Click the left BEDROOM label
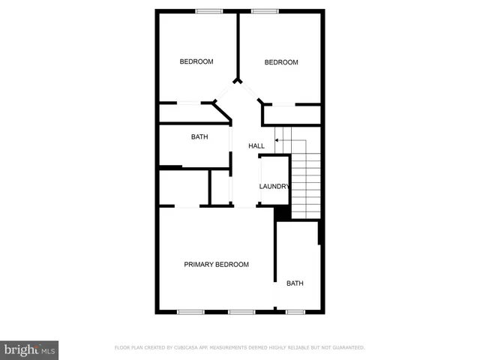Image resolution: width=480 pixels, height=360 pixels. point(196,61)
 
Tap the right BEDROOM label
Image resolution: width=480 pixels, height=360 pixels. point(281,62)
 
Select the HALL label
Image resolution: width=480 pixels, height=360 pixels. point(257,145)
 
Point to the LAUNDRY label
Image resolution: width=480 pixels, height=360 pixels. point(274,187)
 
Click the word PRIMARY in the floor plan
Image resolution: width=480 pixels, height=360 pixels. point(199,265)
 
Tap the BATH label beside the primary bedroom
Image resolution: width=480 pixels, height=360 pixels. point(295,283)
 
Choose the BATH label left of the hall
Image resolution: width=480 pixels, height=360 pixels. point(199,137)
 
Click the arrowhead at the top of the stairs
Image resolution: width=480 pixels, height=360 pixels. point(277,139)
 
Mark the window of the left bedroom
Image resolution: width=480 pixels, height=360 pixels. point(209,10)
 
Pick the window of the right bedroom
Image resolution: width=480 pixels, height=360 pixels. point(265,10)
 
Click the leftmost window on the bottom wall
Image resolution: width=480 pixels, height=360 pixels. point(190,311)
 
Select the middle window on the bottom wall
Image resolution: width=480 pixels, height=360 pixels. point(241,311)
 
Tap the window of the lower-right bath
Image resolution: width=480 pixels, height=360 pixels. point(295,311)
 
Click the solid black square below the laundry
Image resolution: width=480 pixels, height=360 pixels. point(282,213)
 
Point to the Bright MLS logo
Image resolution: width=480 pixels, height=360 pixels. point(30,349)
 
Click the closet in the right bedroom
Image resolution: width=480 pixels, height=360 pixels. point(291,115)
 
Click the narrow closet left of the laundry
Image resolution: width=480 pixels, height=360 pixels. point(220,187)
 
